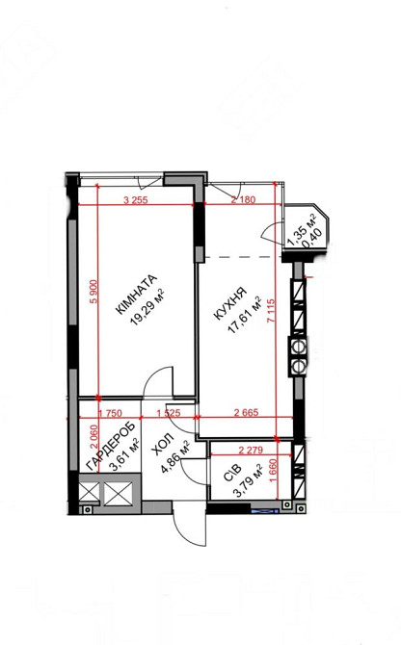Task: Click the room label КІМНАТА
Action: (x=136, y=295)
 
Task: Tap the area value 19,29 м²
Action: (x=147, y=307)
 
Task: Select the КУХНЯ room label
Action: (x=231, y=303)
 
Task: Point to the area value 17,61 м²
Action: (x=246, y=314)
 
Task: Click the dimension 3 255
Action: (x=136, y=200)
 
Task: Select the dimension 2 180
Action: (x=243, y=200)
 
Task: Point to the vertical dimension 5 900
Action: (x=94, y=292)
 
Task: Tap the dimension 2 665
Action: (x=246, y=413)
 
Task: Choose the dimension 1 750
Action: (x=111, y=414)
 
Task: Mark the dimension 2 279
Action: (x=251, y=450)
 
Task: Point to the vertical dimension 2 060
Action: (x=94, y=437)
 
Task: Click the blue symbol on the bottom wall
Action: (x=265, y=511)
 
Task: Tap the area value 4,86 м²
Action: (x=175, y=457)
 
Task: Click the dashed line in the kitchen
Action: (x=243, y=257)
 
